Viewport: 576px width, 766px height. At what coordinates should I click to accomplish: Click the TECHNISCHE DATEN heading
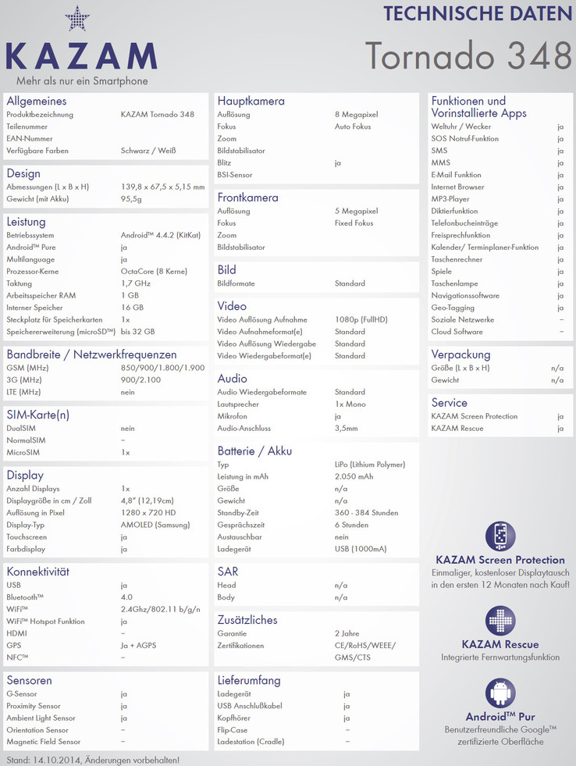[x=478, y=13]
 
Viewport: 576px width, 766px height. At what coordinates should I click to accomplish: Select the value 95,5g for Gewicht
[x=133, y=199]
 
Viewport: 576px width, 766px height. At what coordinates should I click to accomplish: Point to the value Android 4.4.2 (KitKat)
[x=158, y=235]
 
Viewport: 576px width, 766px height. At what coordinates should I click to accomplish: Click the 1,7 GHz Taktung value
[x=135, y=283]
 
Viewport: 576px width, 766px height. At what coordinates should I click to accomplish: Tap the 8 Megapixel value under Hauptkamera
[x=356, y=115]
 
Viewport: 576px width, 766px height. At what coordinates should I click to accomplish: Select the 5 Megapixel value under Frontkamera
[x=356, y=211]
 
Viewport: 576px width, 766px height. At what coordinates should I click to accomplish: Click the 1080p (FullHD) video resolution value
[x=361, y=319]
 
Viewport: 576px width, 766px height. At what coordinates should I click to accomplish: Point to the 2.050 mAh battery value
[x=354, y=476]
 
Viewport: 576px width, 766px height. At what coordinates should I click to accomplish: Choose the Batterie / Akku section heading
[x=254, y=451]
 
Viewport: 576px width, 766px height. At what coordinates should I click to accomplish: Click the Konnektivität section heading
[x=37, y=572]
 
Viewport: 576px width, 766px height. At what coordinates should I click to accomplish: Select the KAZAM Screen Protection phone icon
[x=500, y=536]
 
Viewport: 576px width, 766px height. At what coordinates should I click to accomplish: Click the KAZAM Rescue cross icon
[x=500, y=621]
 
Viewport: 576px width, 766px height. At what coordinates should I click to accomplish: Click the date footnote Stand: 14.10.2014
[x=92, y=759]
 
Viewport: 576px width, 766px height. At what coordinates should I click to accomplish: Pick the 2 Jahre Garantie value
[x=347, y=633]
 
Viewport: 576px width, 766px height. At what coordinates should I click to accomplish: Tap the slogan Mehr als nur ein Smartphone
[x=82, y=80]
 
